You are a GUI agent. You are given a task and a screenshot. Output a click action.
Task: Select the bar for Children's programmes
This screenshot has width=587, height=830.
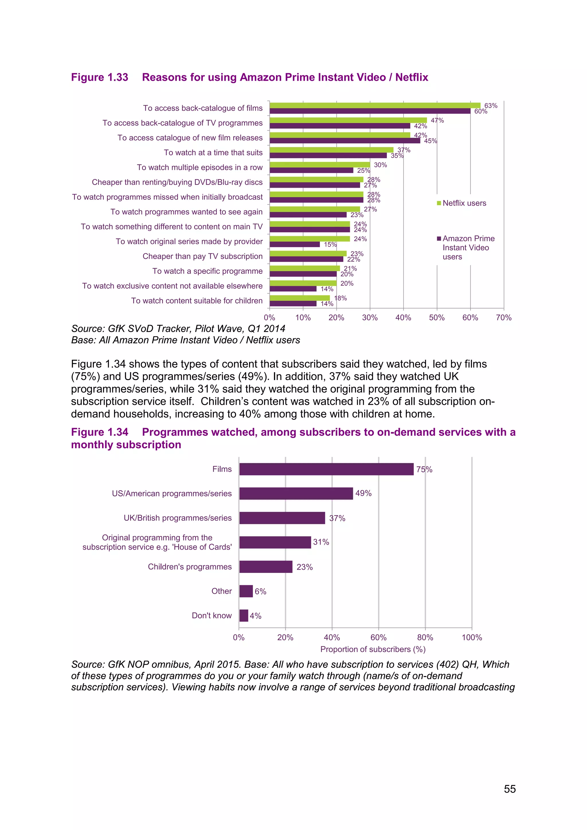click(266, 566)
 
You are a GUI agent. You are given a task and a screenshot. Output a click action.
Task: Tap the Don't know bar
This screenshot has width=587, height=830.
click(244, 615)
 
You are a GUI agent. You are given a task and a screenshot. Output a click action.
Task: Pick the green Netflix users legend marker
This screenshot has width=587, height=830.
click(439, 203)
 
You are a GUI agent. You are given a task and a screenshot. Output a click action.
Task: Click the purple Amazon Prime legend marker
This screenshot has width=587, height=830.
click(439, 238)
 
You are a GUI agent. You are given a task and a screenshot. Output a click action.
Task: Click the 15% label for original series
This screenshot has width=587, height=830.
click(330, 244)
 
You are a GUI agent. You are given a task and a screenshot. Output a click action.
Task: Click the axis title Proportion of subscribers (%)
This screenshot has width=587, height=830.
click(373, 649)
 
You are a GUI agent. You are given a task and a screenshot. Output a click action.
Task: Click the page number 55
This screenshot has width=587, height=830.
click(510, 789)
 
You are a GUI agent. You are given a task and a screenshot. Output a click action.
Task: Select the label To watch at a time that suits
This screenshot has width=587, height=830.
click(213, 152)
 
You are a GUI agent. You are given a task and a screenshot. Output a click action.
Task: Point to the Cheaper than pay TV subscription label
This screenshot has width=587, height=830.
click(202, 256)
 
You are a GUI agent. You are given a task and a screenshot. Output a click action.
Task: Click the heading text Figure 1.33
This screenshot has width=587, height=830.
click(99, 77)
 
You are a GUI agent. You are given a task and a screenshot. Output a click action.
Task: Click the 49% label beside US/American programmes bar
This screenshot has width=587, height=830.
click(363, 493)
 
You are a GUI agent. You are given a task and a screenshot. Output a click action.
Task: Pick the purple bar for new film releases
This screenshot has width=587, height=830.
click(345, 141)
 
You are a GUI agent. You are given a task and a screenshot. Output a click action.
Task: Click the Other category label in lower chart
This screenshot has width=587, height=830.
click(221, 591)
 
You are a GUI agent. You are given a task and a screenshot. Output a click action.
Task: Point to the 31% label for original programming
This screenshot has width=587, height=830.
click(321, 542)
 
